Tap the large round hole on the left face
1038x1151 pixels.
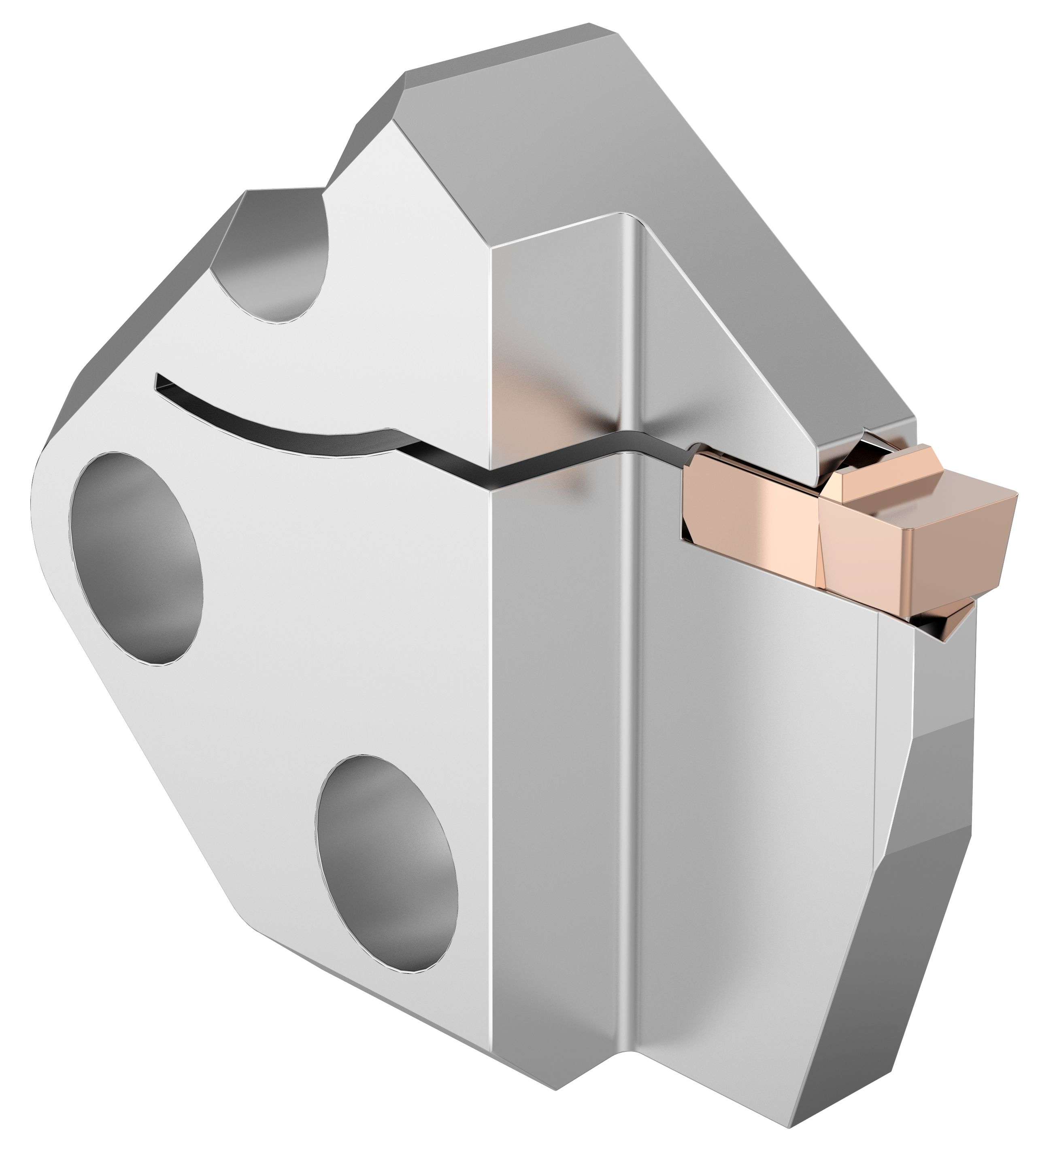coord(136,558)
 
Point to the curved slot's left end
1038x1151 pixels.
coord(163,382)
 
